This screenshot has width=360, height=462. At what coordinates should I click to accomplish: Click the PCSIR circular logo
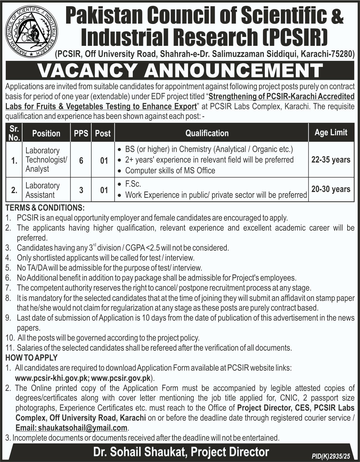[32, 32]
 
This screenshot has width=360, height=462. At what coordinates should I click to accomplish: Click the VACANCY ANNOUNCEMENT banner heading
[180, 71]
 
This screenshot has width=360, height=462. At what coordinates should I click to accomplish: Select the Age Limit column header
[331, 133]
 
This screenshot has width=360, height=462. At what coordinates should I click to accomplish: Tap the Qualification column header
[207, 133]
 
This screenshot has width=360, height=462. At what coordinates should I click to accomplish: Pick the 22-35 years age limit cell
[331, 160]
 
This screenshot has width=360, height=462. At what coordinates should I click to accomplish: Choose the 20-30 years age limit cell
[331, 189]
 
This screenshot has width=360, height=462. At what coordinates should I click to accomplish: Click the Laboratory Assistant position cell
[42, 190]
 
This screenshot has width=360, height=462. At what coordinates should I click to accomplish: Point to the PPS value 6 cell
[81, 161]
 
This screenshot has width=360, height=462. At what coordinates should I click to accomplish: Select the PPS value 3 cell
[81, 190]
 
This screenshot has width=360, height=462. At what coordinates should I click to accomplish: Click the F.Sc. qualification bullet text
[133, 184]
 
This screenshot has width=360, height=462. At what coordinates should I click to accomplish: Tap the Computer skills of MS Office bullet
[170, 170]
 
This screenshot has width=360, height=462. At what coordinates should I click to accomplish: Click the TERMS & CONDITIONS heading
[45, 208]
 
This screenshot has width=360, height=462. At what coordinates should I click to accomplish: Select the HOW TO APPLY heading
[31, 358]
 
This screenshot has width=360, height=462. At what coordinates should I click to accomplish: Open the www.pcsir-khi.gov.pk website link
[52, 378]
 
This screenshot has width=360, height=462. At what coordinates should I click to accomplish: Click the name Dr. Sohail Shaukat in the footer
[141, 452]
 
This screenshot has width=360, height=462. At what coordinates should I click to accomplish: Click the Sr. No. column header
[14, 133]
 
